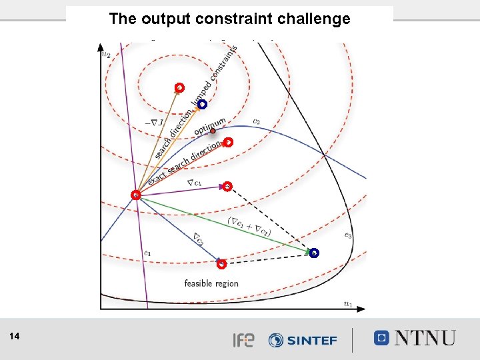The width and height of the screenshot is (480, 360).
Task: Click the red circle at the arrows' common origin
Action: pyautogui.click(x=135, y=195)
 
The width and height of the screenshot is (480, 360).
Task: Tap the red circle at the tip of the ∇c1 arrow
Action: pyautogui.click(x=227, y=186)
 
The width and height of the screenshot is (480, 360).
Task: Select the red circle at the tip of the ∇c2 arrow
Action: pyautogui.click(x=222, y=264)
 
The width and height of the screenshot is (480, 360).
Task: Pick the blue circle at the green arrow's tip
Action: pyautogui.click(x=314, y=253)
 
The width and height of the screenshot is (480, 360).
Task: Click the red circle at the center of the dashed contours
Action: pyautogui.click(x=179, y=87)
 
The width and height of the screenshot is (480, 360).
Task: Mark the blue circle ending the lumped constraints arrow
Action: pyautogui.click(x=202, y=104)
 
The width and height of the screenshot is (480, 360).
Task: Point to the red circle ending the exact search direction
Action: pyautogui.click(x=228, y=142)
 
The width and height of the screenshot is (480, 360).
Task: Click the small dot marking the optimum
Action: pyautogui.click(x=213, y=131)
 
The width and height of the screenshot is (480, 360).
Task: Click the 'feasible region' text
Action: pyautogui.click(x=211, y=283)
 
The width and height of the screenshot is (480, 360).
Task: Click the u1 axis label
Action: pyautogui.click(x=348, y=303)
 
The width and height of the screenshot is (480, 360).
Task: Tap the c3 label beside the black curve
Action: pyautogui.click(x=348, y=235)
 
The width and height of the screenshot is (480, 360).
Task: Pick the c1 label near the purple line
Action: pyautogui.click(x=147, y=253)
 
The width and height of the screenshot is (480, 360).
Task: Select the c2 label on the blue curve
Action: pyautogui.click(x=256, y=121)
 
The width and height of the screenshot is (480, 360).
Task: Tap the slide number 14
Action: pyautogui.click(x=15, y=337)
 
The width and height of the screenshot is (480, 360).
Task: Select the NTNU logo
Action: pyautogui.click(x=415, y=338)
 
